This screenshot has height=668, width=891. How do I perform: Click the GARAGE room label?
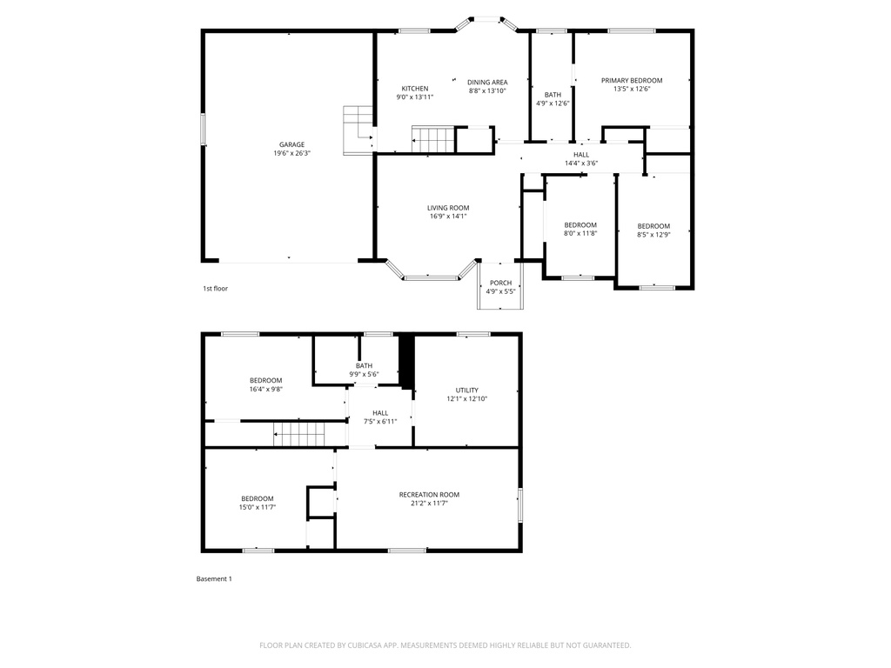291,144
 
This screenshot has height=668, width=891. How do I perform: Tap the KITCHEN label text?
414,89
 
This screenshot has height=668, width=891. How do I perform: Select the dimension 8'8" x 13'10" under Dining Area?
487,90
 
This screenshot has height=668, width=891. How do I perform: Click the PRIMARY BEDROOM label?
632,80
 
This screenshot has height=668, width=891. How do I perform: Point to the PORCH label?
500,283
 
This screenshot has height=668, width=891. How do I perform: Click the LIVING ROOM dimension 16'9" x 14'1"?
447,216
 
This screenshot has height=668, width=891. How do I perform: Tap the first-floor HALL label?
581,154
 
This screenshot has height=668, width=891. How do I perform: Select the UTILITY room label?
467,390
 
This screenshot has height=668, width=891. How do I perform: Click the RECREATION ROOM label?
429,494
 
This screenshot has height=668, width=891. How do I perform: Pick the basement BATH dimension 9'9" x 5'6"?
364,374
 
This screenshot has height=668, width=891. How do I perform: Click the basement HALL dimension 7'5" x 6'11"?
380,421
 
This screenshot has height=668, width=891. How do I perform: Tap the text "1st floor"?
215,288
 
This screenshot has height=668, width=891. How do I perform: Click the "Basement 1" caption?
214,578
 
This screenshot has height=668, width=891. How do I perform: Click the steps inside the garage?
358,129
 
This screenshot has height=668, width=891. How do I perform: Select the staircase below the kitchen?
433,138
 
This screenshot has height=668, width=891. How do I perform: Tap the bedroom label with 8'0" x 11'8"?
580,224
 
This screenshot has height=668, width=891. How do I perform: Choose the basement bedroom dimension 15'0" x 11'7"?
257,507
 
